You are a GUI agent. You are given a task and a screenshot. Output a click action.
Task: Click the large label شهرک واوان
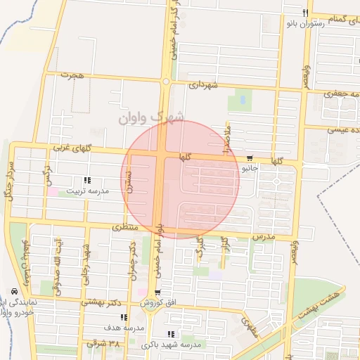[151, 117]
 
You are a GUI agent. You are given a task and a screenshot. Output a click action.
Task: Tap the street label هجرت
[72, 75]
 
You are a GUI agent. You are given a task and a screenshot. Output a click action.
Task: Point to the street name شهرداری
[204, 84]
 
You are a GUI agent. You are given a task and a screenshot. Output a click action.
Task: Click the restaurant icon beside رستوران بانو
[305, 13]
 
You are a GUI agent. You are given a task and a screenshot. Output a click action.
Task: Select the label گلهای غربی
[72, 148]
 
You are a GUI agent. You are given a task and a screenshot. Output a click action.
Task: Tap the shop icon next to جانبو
[250, 157]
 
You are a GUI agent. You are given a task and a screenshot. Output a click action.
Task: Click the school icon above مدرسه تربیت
[86, 180]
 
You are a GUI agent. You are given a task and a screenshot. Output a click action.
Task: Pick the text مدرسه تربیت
[87, 191]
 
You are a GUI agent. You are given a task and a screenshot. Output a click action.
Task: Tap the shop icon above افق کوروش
[157, 292]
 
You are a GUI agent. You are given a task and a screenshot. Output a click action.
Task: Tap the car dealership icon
[15, 292]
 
